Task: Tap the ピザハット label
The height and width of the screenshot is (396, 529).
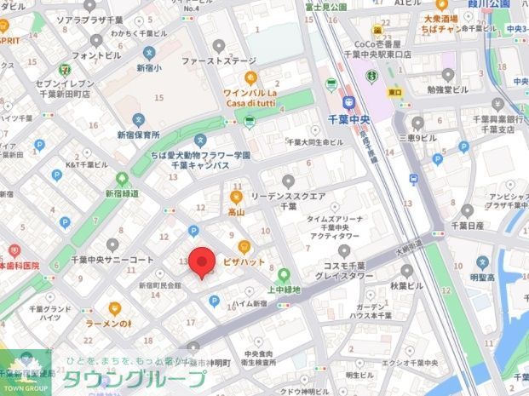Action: point(244,261)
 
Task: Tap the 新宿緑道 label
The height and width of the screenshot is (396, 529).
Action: point(122,193)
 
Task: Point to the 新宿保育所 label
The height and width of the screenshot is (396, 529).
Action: point(138,135)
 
